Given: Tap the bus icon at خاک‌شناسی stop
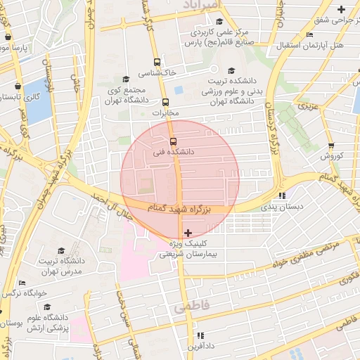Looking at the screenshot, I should (x=156, y=62).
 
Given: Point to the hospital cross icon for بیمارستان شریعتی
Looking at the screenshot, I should (x=187, y=232).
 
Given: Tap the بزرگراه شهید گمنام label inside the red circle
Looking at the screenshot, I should (x=179, y=209).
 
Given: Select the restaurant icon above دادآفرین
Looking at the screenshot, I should (x=200, y=335).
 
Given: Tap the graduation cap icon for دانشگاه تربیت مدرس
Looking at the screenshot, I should (x=61, y=250).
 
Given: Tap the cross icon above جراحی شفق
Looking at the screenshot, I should (x=342, y=9).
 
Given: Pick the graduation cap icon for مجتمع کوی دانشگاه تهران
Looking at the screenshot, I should (x=126, y=79).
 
